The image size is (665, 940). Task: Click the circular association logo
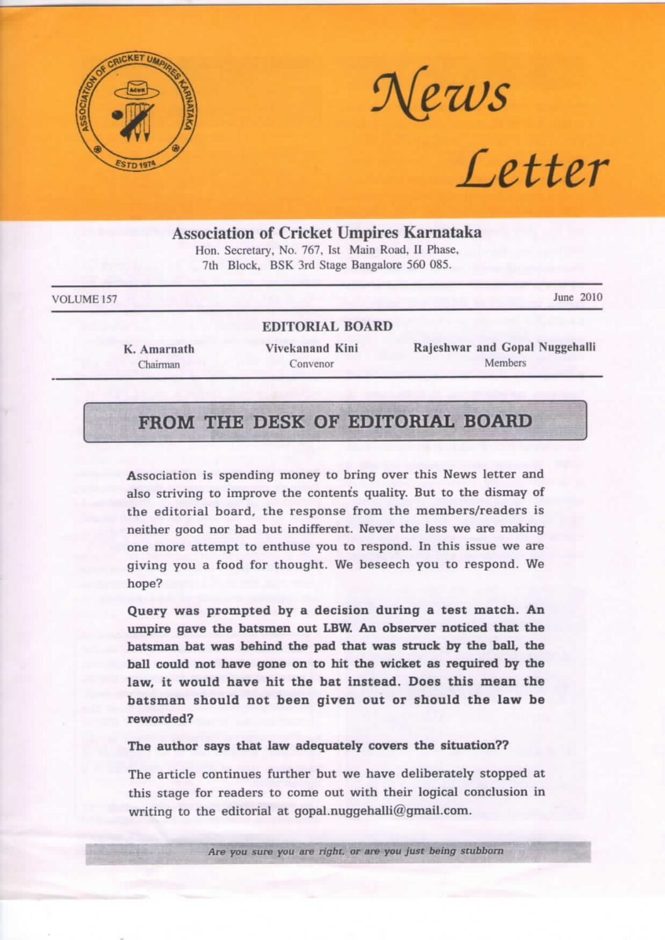click(x=136, y=111)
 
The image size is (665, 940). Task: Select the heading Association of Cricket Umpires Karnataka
click(x=326, y=233)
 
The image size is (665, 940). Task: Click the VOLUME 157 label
click(x=84, y=299)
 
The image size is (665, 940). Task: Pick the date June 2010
click(x=577, y=297)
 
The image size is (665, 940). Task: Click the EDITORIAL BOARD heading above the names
click(x=327, y=326)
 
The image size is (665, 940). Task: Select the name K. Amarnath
click(x=159, y=349)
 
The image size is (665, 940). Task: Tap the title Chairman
click(x=159, y=365)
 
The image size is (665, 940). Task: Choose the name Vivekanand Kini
click(x=311, y=348)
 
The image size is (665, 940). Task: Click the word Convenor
click(x=311, y=364)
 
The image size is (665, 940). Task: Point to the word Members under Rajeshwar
click(x=505, y=363)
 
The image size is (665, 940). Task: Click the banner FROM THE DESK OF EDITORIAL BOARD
click(x=335, y=421)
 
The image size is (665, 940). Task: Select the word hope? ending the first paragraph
click(x=145, y=584)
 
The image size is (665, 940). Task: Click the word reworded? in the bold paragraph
click(x=160, y=719)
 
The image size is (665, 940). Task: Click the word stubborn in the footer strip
click(x=482, y=851)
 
